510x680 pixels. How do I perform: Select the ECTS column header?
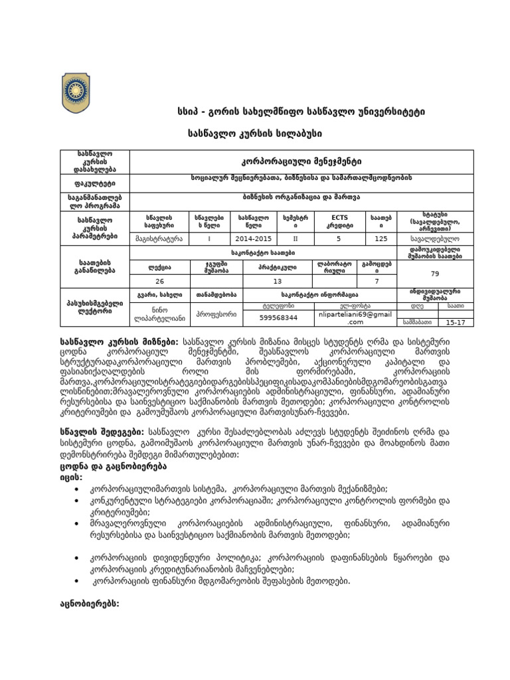[339, 221]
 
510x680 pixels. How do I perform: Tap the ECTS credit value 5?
[339, 237]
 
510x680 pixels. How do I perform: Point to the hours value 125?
[381, 237]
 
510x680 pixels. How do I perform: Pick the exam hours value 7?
[376, 281]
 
